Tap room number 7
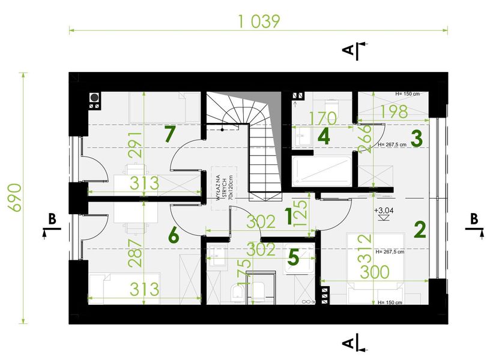[170, 134]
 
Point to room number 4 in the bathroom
[324, 136]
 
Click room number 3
[417, 138]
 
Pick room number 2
[419, 229]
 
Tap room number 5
[293, 258]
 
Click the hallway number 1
[288, 216]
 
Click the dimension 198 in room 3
[393, 112]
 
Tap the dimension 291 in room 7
[139, 144]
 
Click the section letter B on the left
[52, 220]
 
